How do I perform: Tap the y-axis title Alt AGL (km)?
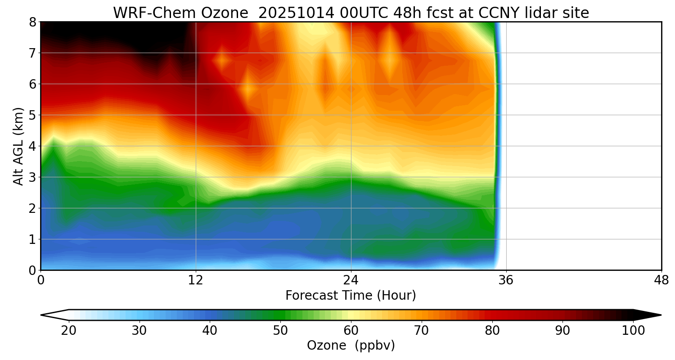coord(18,146)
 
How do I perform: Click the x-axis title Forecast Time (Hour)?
coord(351,296)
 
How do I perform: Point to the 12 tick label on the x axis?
coord(196,280)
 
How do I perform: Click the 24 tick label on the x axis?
coord(351,280)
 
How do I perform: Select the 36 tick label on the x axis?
coord(506,280)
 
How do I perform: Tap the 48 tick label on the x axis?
coord(661,280)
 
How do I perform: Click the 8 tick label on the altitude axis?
coord(32,22)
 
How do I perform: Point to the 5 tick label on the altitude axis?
coord(32,115)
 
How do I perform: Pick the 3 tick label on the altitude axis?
coord(32,177)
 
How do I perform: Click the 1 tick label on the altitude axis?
coord(32,239)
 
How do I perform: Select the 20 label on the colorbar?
coord(69,331)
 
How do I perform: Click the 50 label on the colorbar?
coord(280,331)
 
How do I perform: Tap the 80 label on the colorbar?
coord(492,331)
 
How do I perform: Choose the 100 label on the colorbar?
coord(633,331)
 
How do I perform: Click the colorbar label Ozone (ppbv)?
coord(351,346)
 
